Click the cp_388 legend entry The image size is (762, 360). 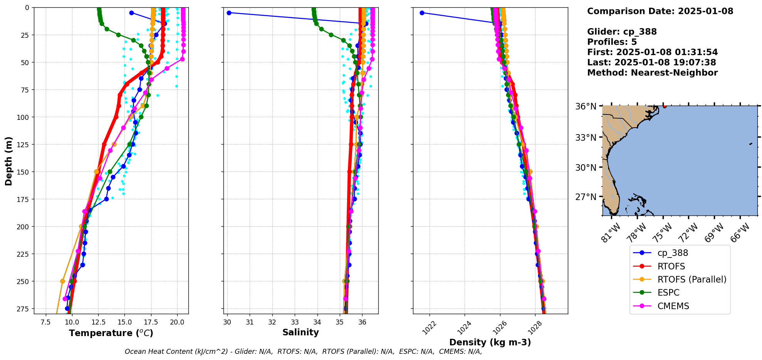pyautogui.click(x=672, y=253)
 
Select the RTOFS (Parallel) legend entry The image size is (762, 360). pyautogui.click(x=692, y=279)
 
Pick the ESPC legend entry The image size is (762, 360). pyautogui.click(x=668, y=293)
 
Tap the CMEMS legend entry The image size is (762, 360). pyautogui.click(x=673, y=306)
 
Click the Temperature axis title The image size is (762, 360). pyautogui.click(x=111, y=333)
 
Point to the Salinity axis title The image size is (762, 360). pyautogui.click(x=300, y=332)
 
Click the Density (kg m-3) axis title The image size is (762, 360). pyautogui.click(x=490, y=342)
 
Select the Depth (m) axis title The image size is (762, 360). pyautogui.click(x=8, y=161)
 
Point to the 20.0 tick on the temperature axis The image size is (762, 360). pyautogui.click(x=177, y=322)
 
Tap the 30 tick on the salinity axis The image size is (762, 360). pyautogui.click(x=227, y=322)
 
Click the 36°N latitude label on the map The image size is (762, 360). pyautogui.click(x=586, y=106)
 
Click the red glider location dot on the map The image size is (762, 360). pyautogui.click(x=665, y=106)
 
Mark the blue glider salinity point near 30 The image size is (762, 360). pyautogui.click(x=229, y=13)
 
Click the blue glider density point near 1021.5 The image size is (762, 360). pyautogui.click(x=422, y=13)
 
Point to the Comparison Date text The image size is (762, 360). pyautogui.click(x=660, y=11)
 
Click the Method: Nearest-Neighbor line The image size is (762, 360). pyautogui.click(x=652, y=73)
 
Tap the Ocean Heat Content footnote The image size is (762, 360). pyautogui.click(x=303, y=352)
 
